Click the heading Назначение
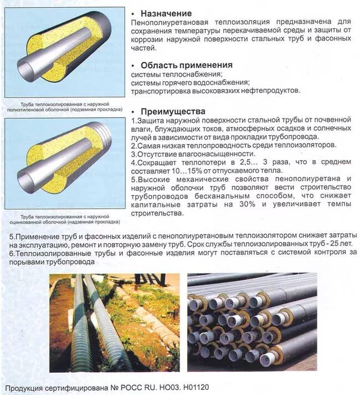[x=166, y=13]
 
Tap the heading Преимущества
[x=173, y=111]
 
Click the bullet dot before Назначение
[x=134, y=13]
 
